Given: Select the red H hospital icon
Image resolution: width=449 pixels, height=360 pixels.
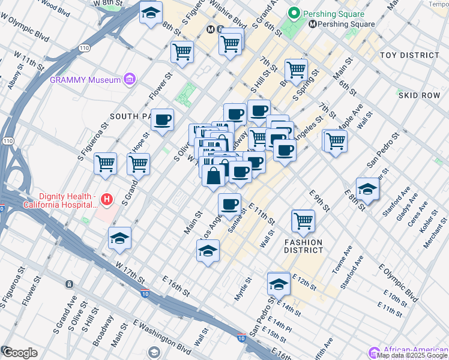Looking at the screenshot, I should click(x=107, y=199).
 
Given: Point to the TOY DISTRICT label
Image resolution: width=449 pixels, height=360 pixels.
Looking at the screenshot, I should click(x=409, y=55).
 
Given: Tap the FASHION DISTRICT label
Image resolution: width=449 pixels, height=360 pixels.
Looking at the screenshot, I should click(x=303, y=246).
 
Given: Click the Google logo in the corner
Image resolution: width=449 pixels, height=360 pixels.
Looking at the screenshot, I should click(x=20, y=352).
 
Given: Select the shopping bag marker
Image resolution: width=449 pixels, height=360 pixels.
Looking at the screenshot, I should click(x=214, y=176).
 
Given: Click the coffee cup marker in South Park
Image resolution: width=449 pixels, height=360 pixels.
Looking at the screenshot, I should click(x=162, y=120).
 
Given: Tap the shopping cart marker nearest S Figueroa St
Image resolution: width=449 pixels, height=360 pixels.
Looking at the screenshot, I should click(x=106, y=163).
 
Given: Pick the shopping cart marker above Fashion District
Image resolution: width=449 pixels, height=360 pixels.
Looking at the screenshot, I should click(x=303, y=220).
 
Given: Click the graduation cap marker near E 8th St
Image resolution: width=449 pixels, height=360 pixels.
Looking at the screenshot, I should click(x=367, y=188).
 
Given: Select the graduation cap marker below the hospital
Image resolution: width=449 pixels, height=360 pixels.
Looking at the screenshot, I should click(x=120, y=238).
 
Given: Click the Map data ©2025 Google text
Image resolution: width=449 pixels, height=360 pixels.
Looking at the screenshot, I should click(x=411, y=355).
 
